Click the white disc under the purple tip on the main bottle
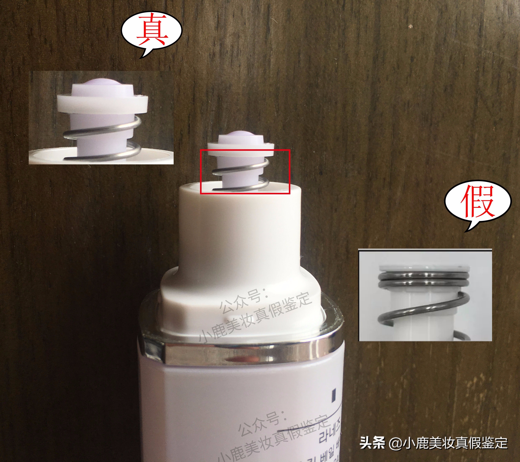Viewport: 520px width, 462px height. [x=240, y=150]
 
